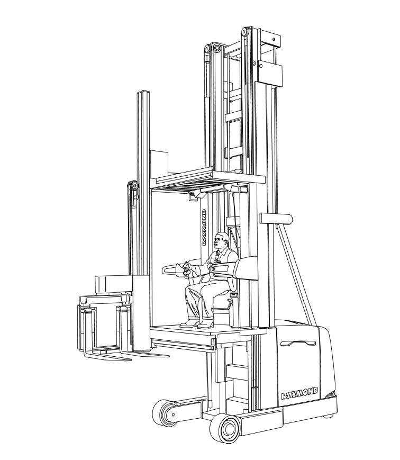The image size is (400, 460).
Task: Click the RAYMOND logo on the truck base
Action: (x=299, y=393)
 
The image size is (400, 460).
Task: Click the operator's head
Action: (x=221, y=240)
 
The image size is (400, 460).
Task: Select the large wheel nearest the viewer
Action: (x=226, y=429)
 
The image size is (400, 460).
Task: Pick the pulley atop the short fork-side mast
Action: (x=134, y=186)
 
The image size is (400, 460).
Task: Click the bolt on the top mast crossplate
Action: (x=274, y=39)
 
